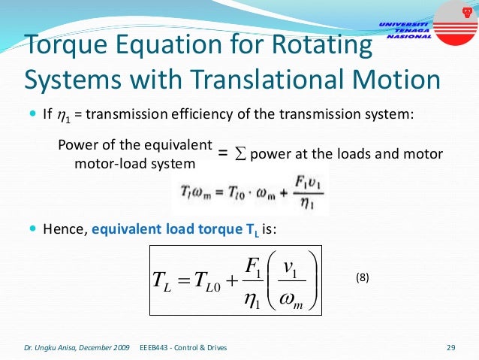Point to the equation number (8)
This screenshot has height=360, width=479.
click(364, 279)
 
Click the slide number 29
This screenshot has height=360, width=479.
click(450, 347)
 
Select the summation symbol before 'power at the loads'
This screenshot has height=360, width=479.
click(240, 154)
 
